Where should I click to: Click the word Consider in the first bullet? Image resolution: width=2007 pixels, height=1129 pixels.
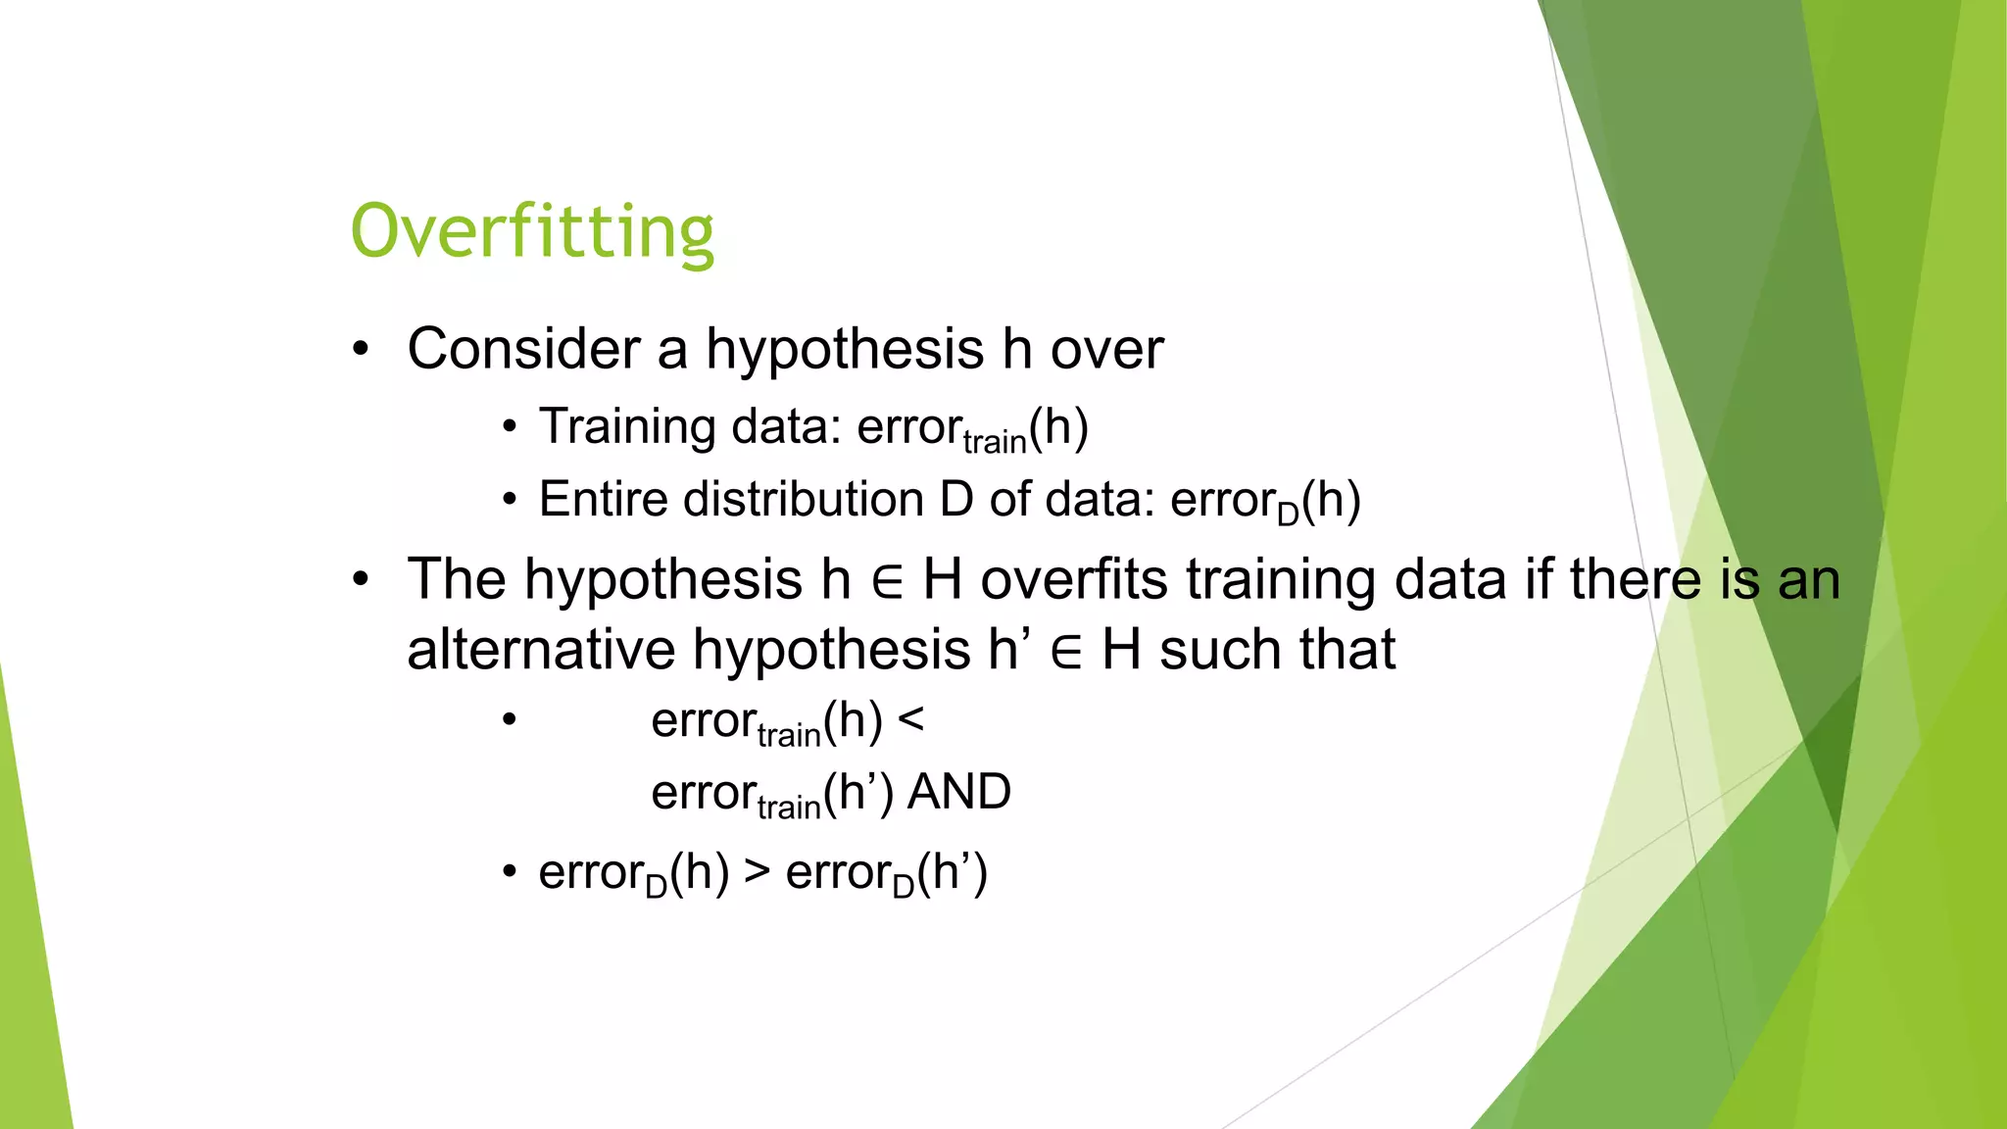tap(523, 349)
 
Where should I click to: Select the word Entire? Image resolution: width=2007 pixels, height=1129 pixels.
tap(603, 499)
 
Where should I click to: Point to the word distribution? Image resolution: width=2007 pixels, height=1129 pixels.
tap(803, 499)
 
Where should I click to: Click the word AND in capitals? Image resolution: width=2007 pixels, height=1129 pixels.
tap(958, 792)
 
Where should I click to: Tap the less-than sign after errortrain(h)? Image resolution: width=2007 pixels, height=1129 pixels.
tap(910, 720)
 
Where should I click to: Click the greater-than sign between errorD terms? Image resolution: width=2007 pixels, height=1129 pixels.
tap(757, 870)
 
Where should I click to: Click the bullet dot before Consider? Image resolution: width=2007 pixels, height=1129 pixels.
tap(362, 349)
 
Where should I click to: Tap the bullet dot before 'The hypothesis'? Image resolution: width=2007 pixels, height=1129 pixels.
tap(362, 579)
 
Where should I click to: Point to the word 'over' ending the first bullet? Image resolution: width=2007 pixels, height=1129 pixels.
tap(1106, 349)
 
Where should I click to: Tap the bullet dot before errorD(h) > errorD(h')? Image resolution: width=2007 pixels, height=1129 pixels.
tap(509, 871)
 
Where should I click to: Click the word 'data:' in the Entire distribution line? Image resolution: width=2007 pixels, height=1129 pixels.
tap(1101, 499)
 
